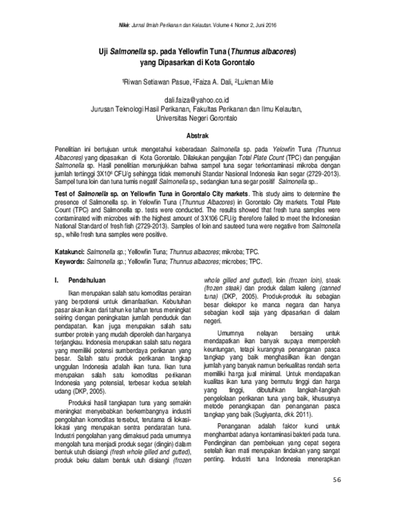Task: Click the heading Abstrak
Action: point(197,134)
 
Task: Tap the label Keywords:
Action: point(68,261)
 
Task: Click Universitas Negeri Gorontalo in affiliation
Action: point(197,117)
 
